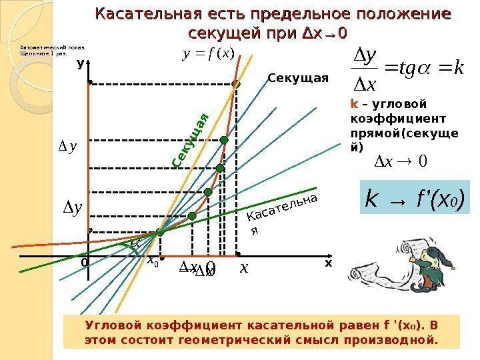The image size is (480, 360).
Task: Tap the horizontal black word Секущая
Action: (298, 79)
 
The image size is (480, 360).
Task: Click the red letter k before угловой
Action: (354, 104)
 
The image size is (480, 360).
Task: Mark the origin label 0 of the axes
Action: (84, 263)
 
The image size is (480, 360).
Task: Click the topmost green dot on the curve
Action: (235, 84)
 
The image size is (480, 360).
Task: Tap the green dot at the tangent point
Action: (159, 233)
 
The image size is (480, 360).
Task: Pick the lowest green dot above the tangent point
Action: (192, 216)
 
